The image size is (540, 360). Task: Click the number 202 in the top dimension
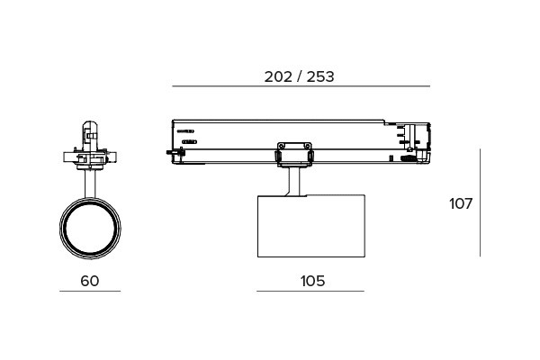(278, 76)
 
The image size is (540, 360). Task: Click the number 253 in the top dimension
(320, 76)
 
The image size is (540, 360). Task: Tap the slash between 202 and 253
(300, 76)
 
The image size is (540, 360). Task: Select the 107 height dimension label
(461, 203)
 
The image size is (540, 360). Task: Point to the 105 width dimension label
(312, 281)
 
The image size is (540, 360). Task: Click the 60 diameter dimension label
(89, 281)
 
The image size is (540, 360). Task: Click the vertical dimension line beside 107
(480, 202)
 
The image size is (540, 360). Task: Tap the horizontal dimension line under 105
(310, 291)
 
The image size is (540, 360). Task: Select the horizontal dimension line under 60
(90, 291)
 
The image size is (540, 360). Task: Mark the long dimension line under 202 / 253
(301, 86)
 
